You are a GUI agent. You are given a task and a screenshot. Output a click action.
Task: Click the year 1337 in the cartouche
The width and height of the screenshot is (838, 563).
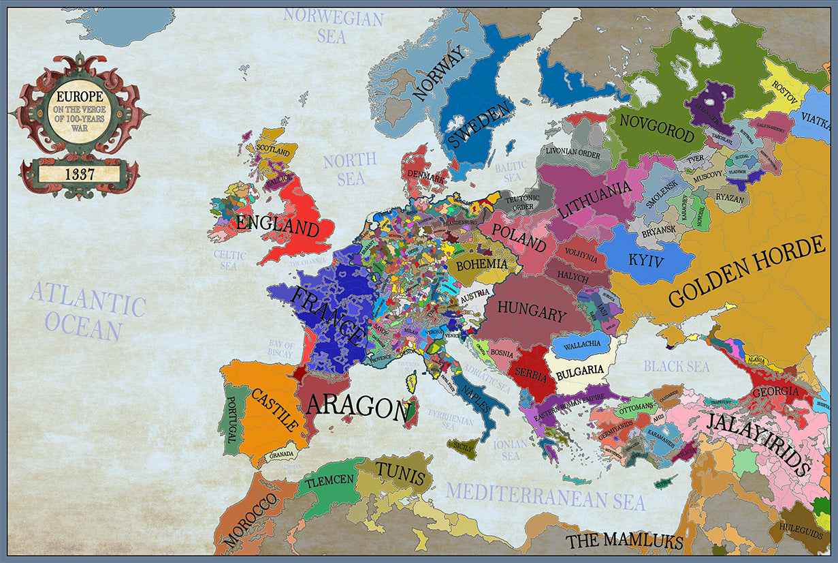(80, 173)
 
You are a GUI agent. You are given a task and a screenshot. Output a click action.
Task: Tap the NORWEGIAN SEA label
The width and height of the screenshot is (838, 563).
(333, 25)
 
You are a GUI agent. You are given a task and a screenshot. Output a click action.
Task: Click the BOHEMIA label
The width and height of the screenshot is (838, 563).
(482, 264)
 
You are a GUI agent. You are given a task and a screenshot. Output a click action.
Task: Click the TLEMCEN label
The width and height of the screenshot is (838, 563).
(329, 481)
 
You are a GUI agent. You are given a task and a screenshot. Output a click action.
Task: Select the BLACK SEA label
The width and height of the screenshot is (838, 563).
(677, 366)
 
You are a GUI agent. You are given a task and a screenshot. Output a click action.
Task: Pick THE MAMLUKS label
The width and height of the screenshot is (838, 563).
(624, 541)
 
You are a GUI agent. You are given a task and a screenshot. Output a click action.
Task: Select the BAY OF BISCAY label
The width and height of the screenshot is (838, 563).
(281, 350)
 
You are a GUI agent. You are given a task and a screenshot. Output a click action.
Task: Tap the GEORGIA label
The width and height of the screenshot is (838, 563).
(776, 392)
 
